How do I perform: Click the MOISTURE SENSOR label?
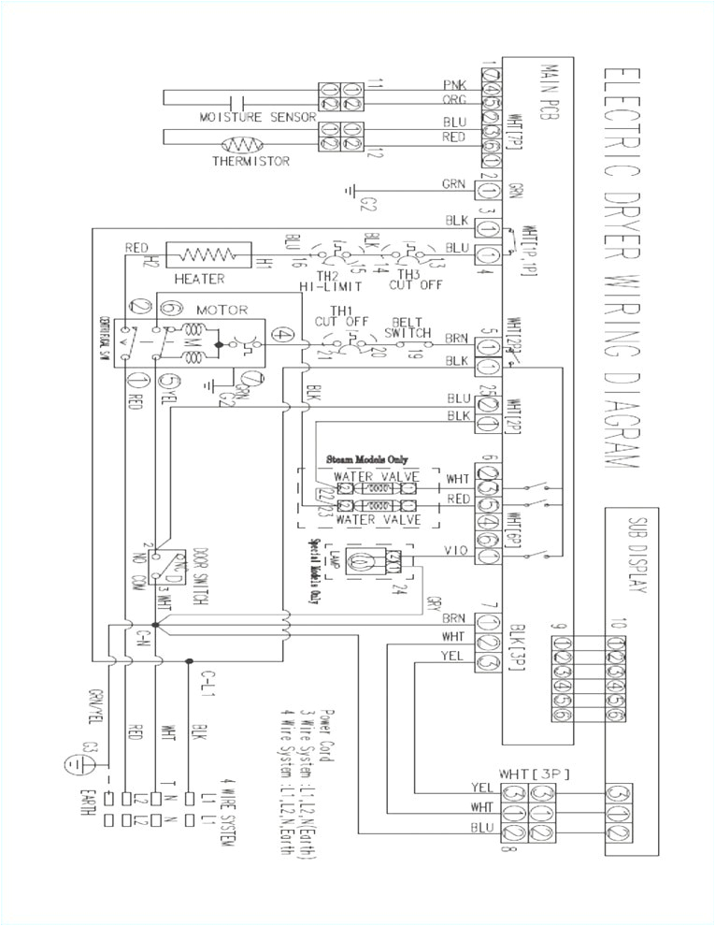(242, 118)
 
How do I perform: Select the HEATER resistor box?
(208, 253)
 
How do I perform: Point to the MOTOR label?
(222, 310)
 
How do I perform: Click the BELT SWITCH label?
(411, 326)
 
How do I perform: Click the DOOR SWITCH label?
(198, 570)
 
